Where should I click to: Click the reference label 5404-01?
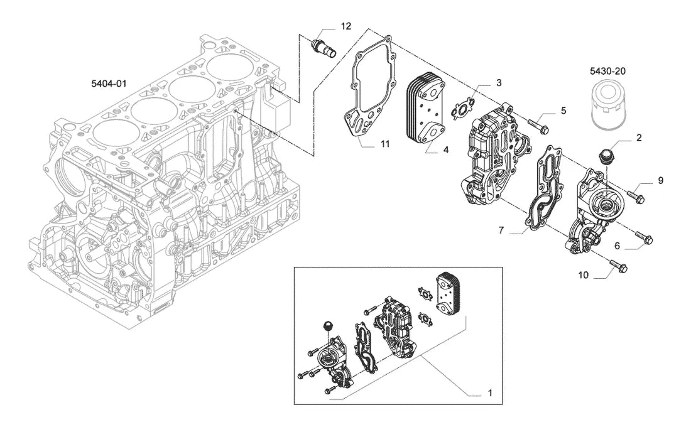click(109, 84)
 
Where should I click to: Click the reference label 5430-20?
click(607, 71)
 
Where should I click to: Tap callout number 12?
click(346, 26)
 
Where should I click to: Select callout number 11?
click(385, 144)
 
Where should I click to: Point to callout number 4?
click(446, 149)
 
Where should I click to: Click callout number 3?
click(499, 83)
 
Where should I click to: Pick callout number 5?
click(563, 111)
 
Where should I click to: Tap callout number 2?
click(639, 138)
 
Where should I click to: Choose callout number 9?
click(661, 180)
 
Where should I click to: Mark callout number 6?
click(617, 246)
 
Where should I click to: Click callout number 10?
click(583, 275)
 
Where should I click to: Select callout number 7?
click(501, 230)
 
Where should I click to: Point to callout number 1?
click(490, 393)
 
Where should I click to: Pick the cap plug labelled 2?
click(606, 157)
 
